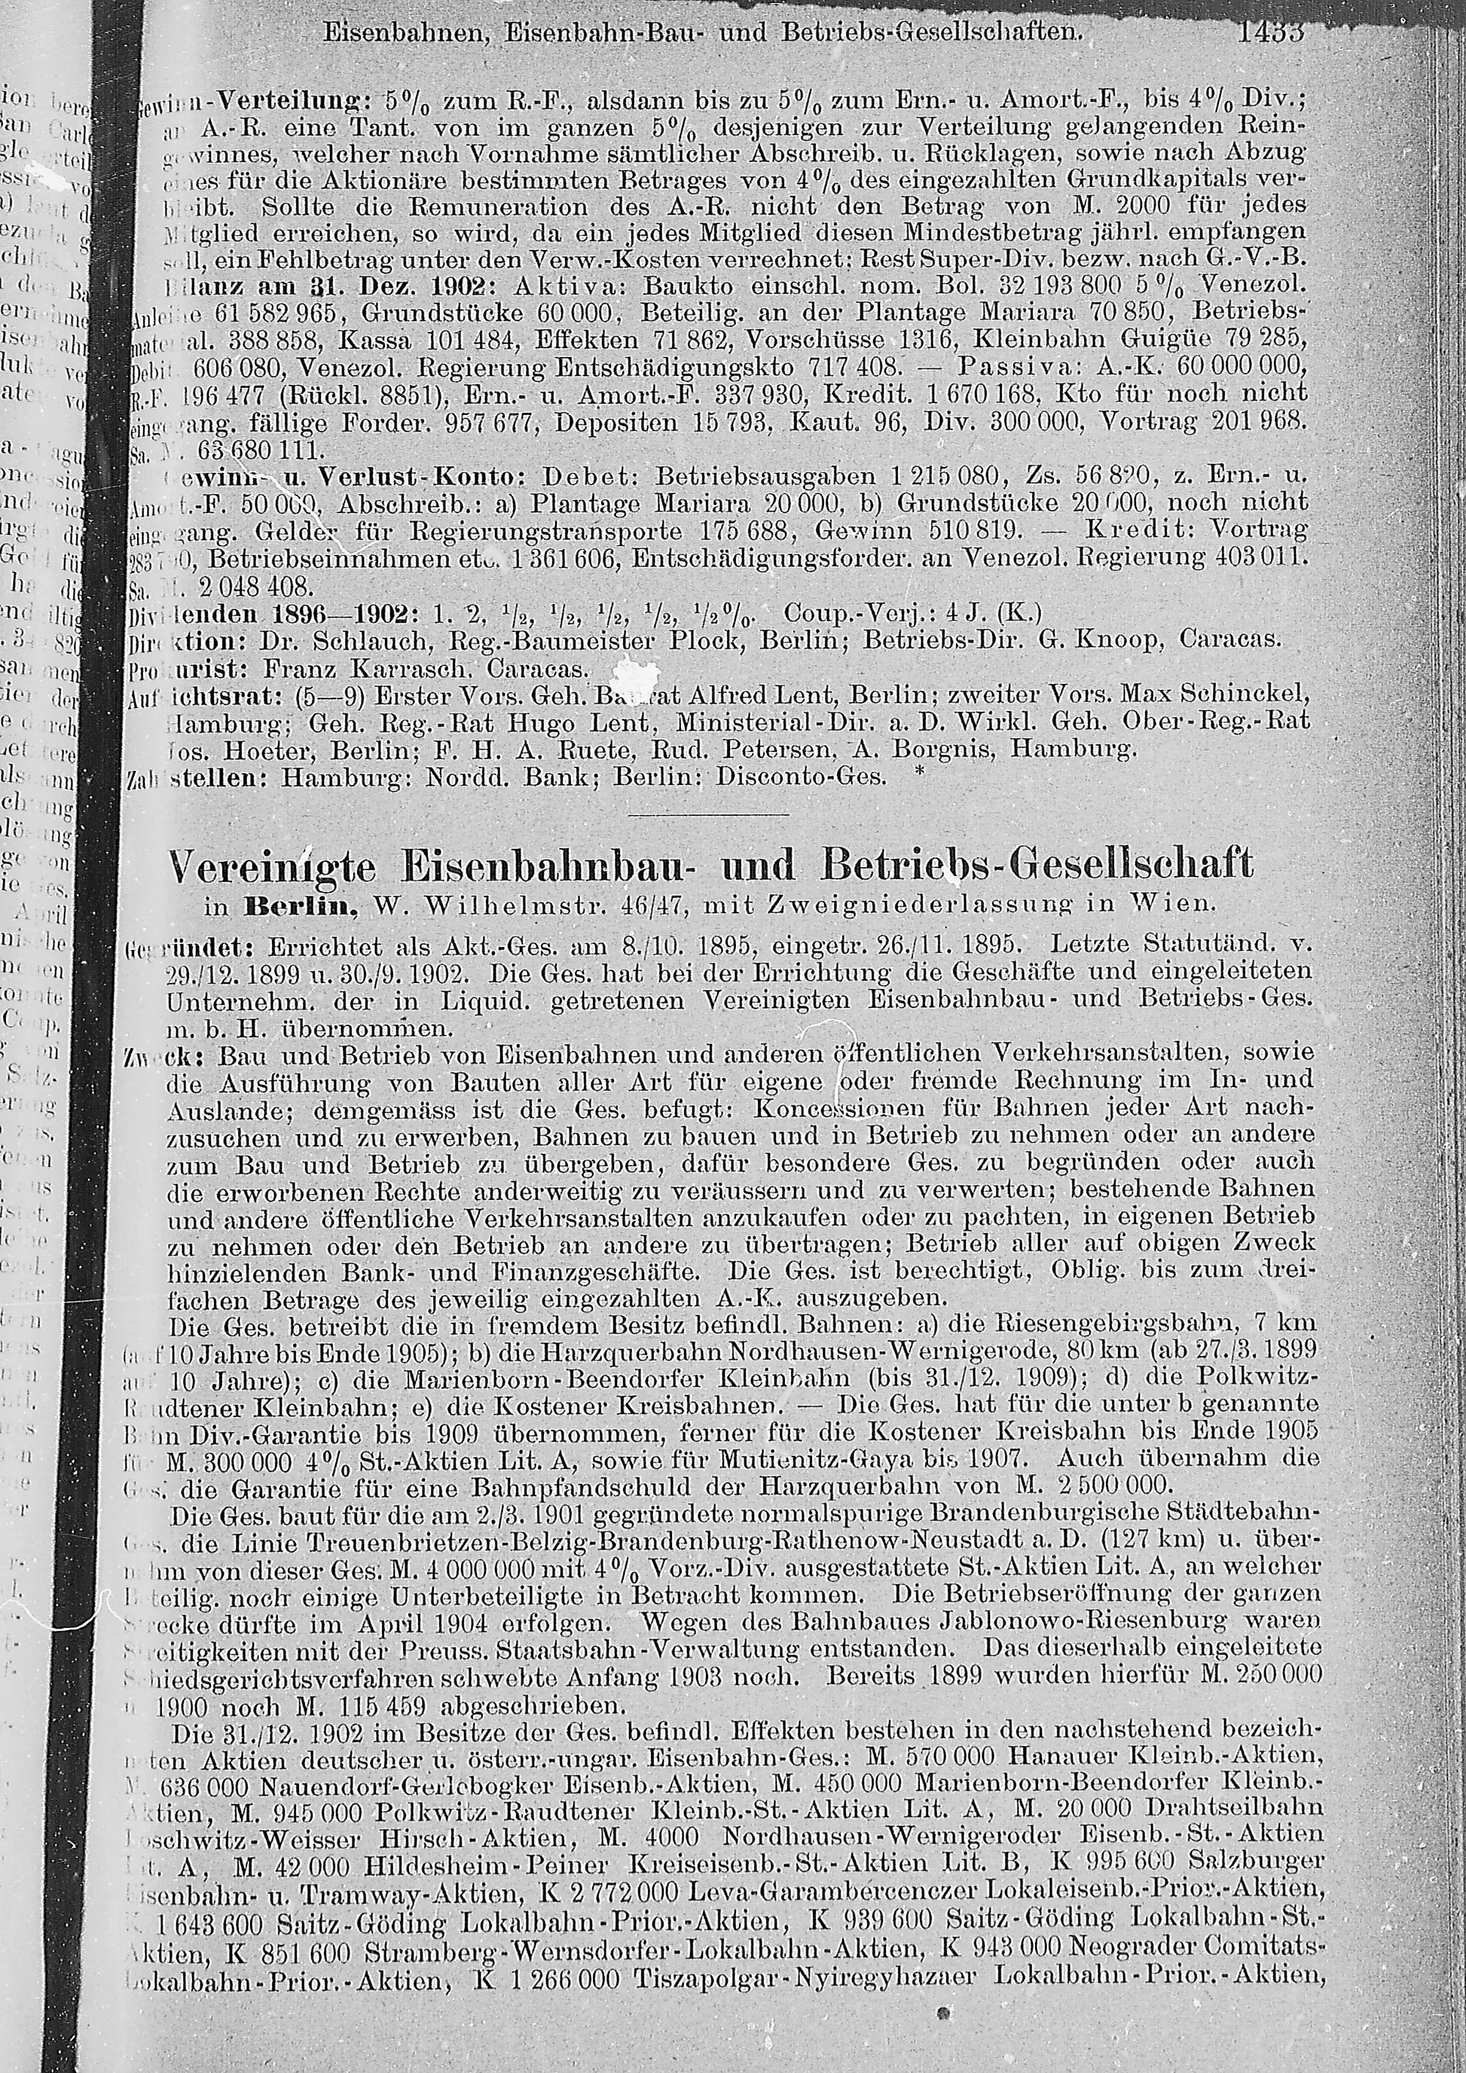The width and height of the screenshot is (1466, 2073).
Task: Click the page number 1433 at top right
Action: click(x=1272, y=34)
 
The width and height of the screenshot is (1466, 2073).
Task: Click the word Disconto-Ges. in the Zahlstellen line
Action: click(x=799, y=776)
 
